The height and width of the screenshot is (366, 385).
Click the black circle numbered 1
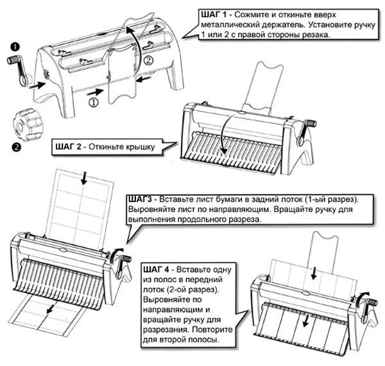click(x=13, y=47)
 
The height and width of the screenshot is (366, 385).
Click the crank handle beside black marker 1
click(x=19, y=67)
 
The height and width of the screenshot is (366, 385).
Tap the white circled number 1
click(x=93, y=101)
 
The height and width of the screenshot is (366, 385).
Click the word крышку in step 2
click(x=137, y=149)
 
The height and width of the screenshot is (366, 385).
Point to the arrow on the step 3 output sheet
click(x=49, y=311)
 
